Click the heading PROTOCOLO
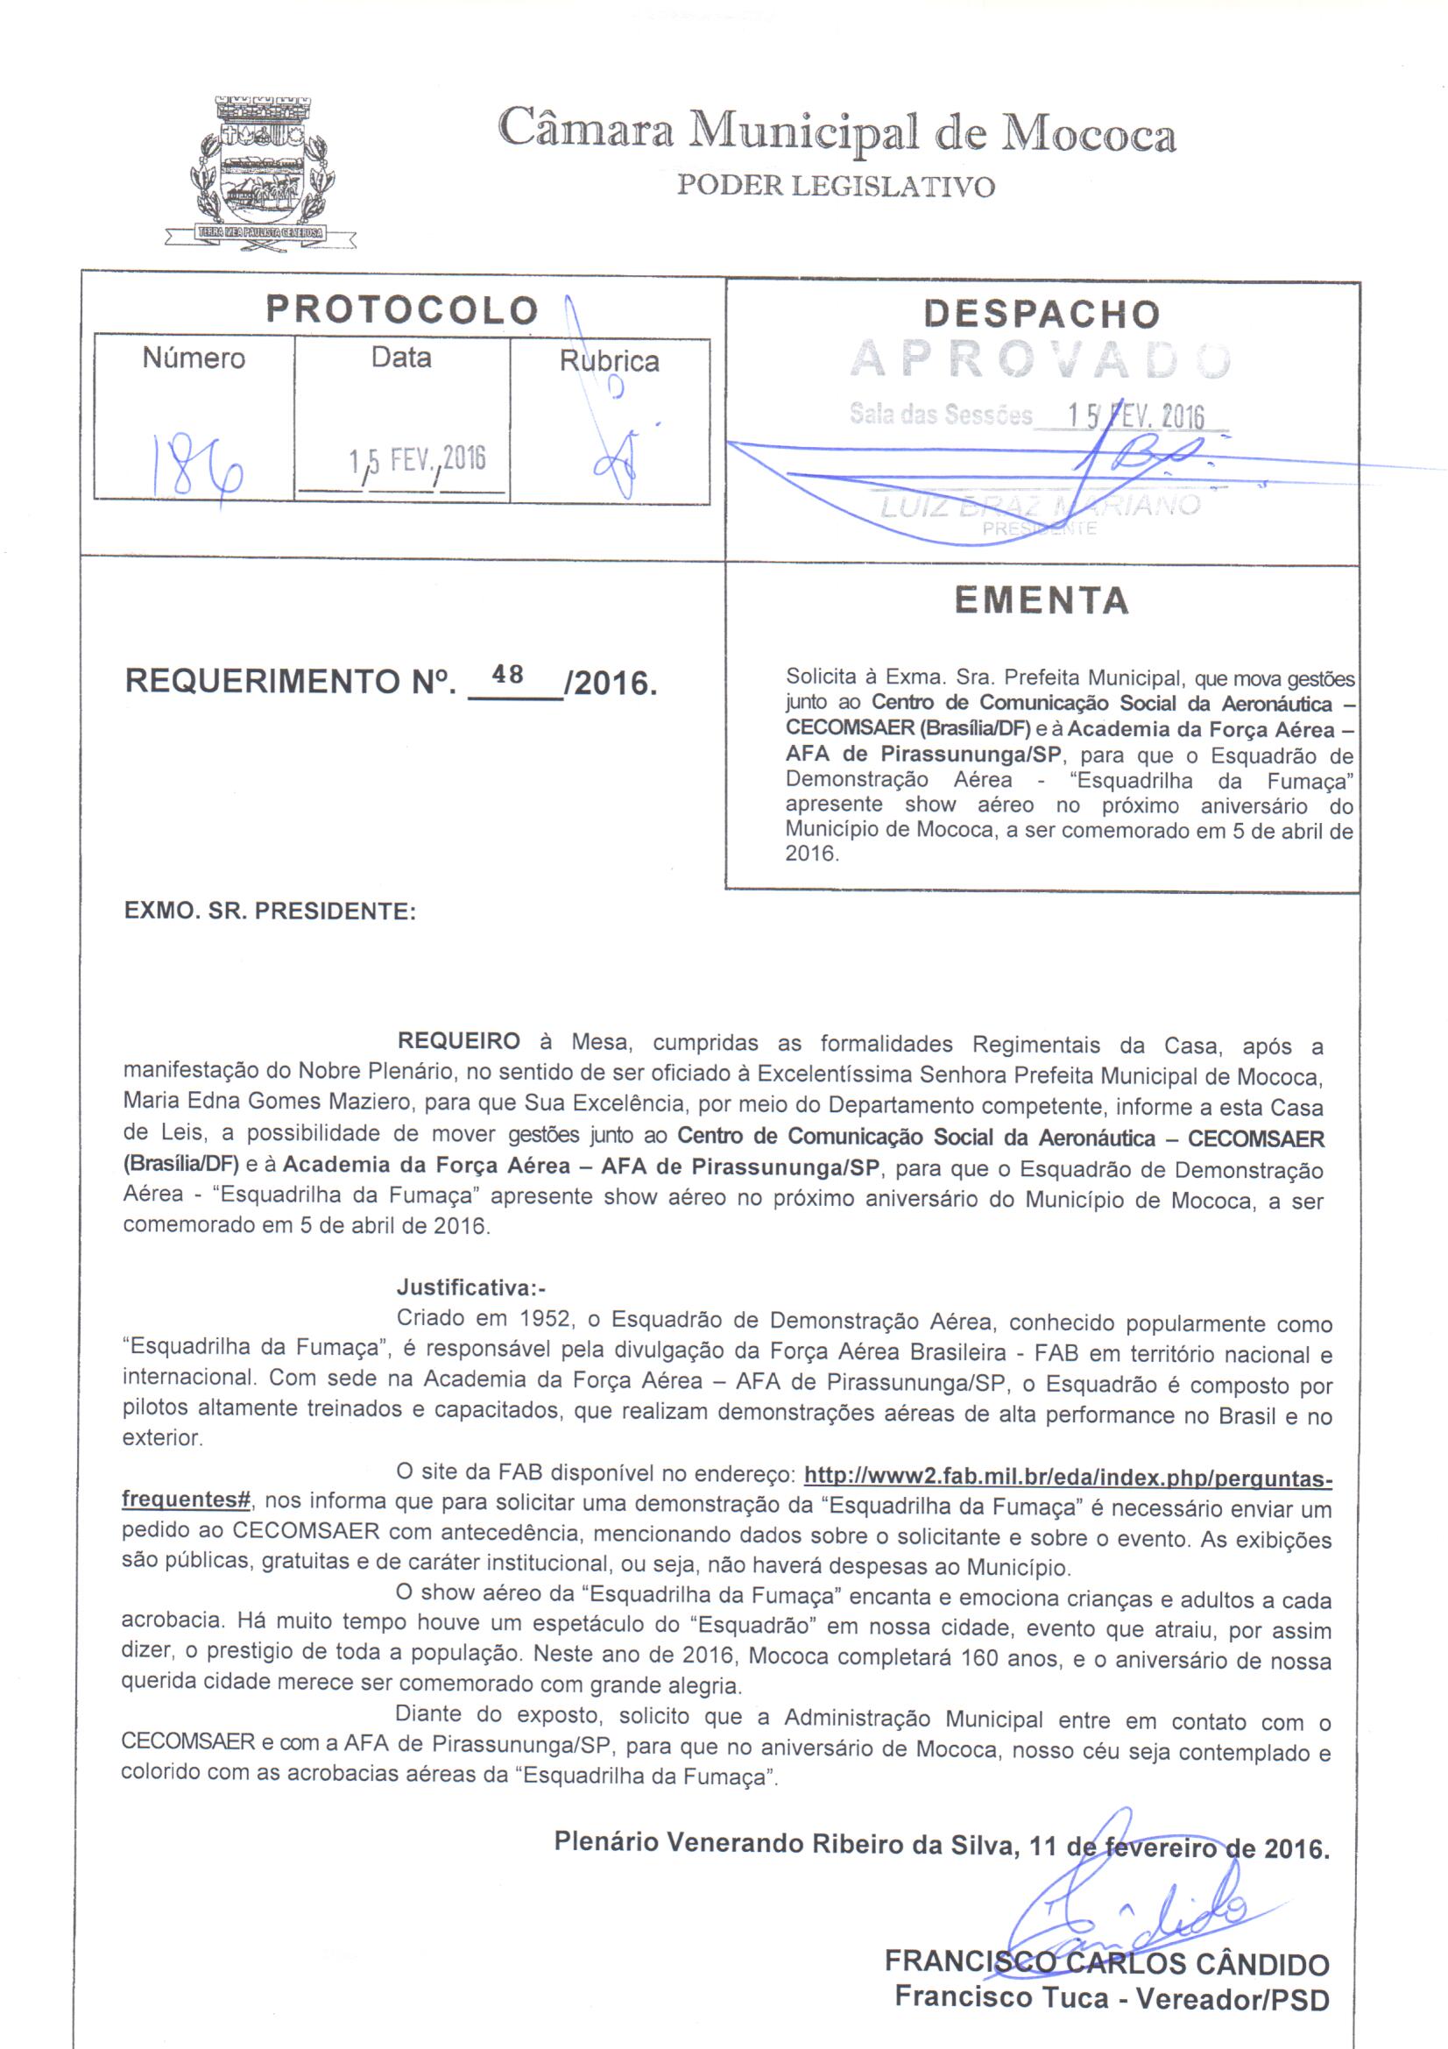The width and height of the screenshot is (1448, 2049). (x=402, y=310)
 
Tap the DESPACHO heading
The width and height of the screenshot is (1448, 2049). (x=1042, y=314)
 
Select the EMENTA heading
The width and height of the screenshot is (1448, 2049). (x=1042, y=600)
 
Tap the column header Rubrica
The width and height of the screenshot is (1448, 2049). (x=609, y=361)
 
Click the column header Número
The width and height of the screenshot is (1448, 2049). (x=194, y=358)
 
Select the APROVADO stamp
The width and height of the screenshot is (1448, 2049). (x=1041, y=359)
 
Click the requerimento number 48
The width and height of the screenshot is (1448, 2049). (x=508, y=675)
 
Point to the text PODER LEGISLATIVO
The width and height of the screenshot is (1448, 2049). (x=835, y=187)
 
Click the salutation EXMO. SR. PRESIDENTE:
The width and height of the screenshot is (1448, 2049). (x=270, y=911)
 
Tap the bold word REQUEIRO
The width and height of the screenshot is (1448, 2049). (x=459, y=1041)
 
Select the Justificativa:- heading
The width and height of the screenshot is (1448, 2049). (x=470, y=1287)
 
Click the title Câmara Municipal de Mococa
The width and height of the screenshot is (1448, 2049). (x=837, y=131)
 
